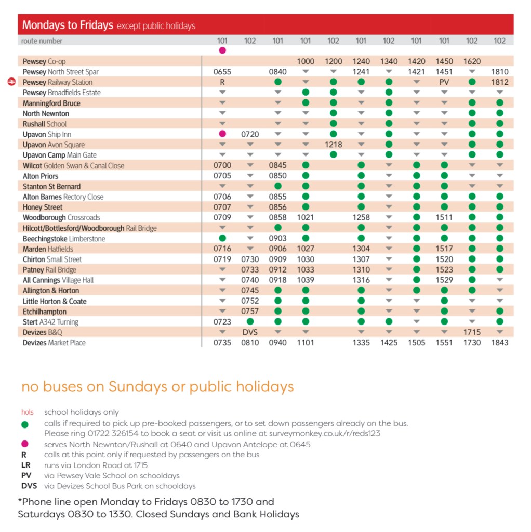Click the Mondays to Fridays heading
click(68, 25)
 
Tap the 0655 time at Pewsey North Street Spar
click(222, 72)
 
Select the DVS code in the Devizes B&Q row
click(250, 332)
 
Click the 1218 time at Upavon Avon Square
click(333, 145)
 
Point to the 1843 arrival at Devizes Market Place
click(499, 343)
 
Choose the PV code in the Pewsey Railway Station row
click(444, 82)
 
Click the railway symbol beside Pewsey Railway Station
click(12, 82)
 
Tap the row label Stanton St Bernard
click(51, 186)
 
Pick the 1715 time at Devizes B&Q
click(472, 332)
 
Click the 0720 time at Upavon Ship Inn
click(250, 134)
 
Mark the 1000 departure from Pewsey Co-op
click(306, 61)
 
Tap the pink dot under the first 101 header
click(222, 50)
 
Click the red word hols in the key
click(28, 412)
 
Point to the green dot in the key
click(25, 424)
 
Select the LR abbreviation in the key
click(26, 465)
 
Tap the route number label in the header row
click(42, 41)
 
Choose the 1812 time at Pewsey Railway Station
click(499, 82)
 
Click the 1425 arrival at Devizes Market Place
click(389, 343)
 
